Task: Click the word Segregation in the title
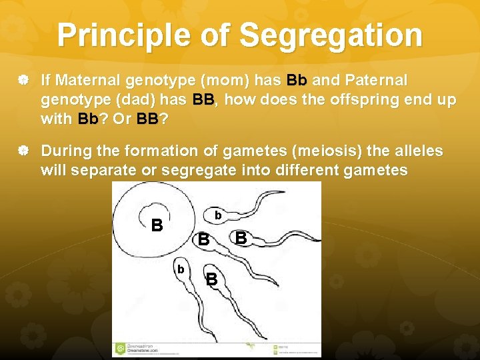click(330, 35)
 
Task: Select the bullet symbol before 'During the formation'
click(23, 151)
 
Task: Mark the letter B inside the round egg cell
click(157, 225)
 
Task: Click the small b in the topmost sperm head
click(217, 215)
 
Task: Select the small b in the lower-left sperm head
click(180, 269)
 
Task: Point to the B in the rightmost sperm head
click(241, 237)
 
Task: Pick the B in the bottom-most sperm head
click(211, 279)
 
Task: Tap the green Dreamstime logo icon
click(120, 347)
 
